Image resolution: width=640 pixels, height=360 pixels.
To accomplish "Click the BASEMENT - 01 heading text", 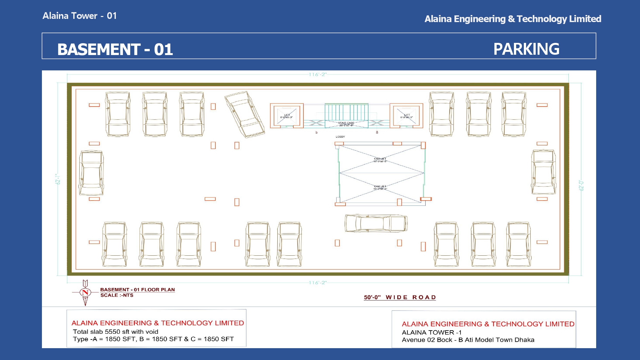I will click(x=115, y=49).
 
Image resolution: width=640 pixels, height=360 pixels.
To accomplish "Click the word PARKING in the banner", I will click(x=526, y=49).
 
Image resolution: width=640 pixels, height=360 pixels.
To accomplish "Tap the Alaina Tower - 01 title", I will click(x=80, y=16).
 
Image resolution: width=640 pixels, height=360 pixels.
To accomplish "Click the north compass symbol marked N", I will click(x=85, y=292).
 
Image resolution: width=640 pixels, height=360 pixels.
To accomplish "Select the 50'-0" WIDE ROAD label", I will click(x=400, y=297).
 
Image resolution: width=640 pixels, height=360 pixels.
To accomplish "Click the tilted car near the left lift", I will click(x=244, y=114).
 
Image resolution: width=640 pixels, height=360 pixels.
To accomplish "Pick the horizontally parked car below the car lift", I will click(x=376, y=223).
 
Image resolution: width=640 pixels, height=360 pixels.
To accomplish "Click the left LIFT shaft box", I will click(x=287, y=116).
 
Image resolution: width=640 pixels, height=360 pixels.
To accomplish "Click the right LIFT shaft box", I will click(x=406, y=116).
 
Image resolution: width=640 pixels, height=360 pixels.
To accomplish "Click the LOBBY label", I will click(x=340, y=137).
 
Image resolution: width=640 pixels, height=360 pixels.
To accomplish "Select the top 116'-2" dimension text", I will click(x=317, y=75).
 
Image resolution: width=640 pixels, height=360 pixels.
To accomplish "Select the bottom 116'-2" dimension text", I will click(x=317, y=283).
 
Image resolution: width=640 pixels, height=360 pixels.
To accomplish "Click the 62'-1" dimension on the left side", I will click(x=58, y=179).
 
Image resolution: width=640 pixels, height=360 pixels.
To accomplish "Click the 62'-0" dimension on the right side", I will click(x=581, y=186).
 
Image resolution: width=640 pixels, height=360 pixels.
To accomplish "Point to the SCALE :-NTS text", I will click(x=117, y=295).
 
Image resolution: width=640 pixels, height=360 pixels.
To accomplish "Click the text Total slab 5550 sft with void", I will click(x=116, y=332).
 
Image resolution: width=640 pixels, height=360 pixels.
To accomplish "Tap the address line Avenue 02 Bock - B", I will click(x=468, y=340).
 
